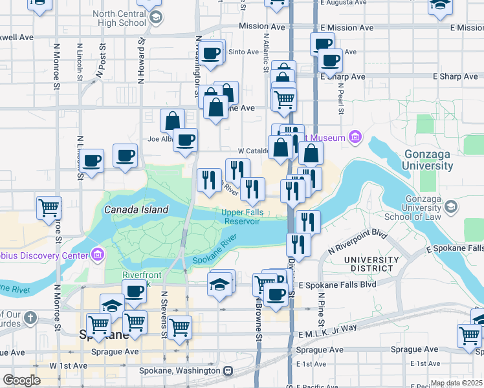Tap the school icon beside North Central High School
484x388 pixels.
tap(155, 18)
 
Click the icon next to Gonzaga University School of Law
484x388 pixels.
tap(452, 207)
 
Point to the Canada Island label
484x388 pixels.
tap(136, 210)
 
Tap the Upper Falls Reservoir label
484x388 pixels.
tap(241, 217)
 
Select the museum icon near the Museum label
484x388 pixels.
tap(354, 137)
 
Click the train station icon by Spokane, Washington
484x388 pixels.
tap(228, 371)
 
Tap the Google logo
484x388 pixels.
tap(21, 380)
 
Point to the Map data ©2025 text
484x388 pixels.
tap(457, 383)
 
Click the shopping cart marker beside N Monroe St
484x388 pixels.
tap(49, 208)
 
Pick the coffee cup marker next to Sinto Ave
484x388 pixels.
tap(210, 53)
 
